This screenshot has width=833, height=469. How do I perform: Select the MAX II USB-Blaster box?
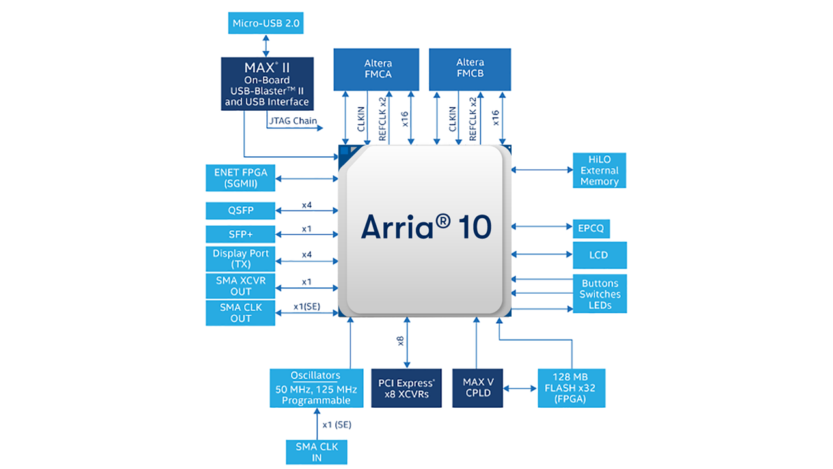[x=267, y=83]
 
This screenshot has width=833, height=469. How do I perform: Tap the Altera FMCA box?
[x=377, y=69]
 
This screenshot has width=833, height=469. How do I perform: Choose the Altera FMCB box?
[x=470, y=69]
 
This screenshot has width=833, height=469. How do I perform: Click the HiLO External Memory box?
[x=599, y=171]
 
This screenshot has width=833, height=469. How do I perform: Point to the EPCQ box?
[x=591, y=229]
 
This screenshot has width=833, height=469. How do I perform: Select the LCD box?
[x=599, y=255]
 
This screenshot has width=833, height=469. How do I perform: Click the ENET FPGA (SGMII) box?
[x=240, y=178]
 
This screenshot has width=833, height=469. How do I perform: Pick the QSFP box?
[x=240, y=211]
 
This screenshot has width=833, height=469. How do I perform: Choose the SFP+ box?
[x=240, y=234]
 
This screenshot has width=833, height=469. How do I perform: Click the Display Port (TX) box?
[x=240, y=259]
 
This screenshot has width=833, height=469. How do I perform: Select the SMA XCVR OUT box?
[x=240, y=286]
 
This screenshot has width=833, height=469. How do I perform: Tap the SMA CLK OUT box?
[x=240, y=313]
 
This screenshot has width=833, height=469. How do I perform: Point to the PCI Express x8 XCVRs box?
[x=406, y=389]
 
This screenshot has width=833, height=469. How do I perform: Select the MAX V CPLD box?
[x=478, y=388]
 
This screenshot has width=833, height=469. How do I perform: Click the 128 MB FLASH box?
[x=571, y=388]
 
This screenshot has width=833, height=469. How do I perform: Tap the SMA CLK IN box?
[x=316, y=452]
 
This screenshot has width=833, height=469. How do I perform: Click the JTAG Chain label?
[x=293, y=121]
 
